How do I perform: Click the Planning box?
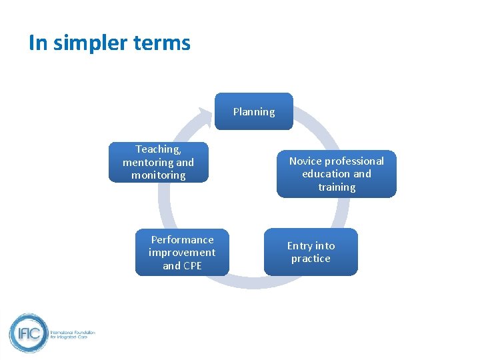pos(253,111)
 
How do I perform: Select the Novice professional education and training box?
pos(336,174)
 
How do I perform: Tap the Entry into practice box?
pos(311,252)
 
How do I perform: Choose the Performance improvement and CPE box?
pos(182,253)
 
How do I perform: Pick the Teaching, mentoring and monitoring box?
pos(159,162)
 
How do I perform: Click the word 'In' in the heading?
pos(38,43)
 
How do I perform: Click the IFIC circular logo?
pos(28,333)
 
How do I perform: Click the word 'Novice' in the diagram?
pos(305,161)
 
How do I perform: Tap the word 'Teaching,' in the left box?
pos(159,149)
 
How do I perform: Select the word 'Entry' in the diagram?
pos(299,245)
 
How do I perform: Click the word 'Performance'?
pos(182,239)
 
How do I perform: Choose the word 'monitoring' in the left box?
pos(159,175)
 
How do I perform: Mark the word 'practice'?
pos(311,259)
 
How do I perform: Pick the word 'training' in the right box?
pos(337,187)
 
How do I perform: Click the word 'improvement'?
pos(182,253)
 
